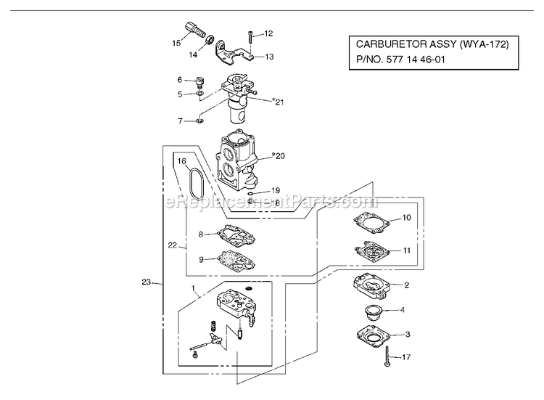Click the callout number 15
click(176, 43)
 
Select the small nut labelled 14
click(209, 40)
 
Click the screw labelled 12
click(250, 36)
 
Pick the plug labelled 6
click(200, 82)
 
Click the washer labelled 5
click(200, 94)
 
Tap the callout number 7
click(180, 121)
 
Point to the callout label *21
click(279, 102)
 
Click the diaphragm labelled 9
click(236, 261)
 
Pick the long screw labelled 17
click(387, 356)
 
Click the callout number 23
click(147, 282)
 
